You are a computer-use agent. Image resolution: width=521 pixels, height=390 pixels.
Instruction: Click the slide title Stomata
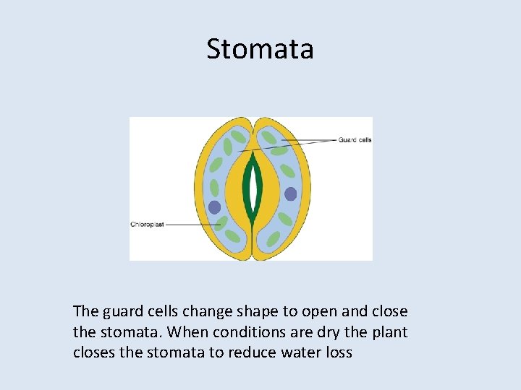[260, 49]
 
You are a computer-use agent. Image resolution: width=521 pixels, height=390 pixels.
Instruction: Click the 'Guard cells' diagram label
[355, 139]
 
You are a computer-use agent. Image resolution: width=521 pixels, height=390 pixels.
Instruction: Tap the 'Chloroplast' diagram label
[147, 225]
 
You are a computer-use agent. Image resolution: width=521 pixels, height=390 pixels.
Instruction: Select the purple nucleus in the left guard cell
[214, 207]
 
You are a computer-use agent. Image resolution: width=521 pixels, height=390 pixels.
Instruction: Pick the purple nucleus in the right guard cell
[290, 194]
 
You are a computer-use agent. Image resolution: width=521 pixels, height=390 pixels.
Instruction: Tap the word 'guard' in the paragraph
[119, 311]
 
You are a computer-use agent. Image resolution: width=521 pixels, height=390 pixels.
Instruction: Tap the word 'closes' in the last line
[94, 353]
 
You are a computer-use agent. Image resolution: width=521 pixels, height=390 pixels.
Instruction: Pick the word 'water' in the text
[302, 353]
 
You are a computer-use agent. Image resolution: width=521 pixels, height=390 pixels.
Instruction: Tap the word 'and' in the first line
[352, 311]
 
